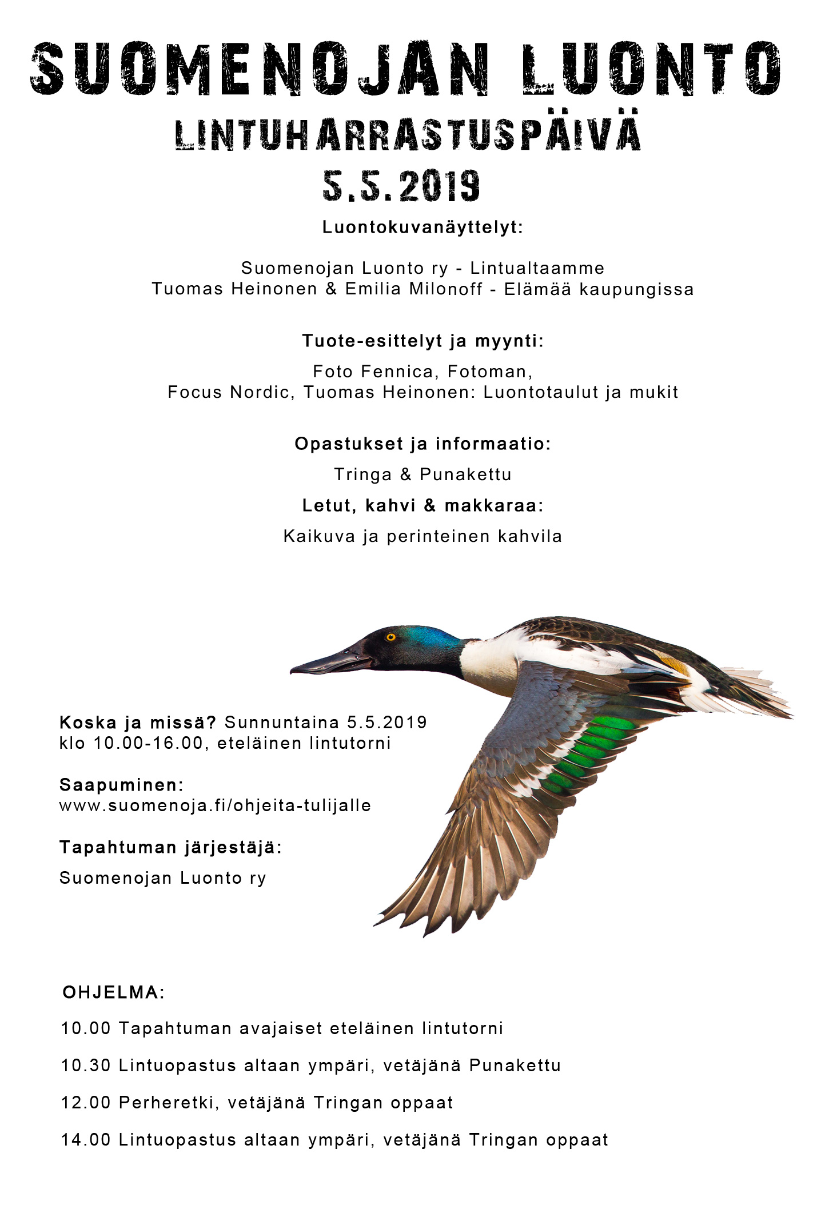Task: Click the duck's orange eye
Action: pos(391,637)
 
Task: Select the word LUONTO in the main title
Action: pos(651,69)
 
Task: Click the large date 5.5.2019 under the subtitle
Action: pos(401,186)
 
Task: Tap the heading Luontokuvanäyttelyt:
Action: pos(423,227)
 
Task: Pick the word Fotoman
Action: pos(489,372)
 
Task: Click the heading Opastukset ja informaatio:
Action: pos(423,444)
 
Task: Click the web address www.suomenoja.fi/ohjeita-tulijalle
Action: pos(215,805)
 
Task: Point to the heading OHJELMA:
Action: pos(113,992)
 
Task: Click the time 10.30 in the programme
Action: pos(86,1066)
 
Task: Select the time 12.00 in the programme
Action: pos(86,1103)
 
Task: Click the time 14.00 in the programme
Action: pos(86,1140)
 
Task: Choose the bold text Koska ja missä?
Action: pos(138,723)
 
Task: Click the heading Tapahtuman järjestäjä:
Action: pos(170,847)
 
